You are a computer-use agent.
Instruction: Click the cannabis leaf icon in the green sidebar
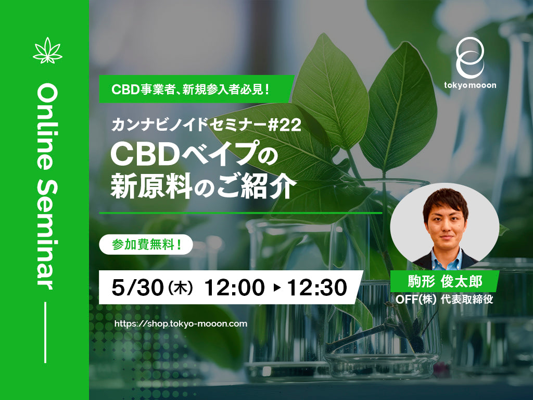(x=47, y=50)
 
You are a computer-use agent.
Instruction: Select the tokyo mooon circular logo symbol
(x=469, y=57)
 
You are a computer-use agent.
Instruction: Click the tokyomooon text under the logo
(x=469, y=85)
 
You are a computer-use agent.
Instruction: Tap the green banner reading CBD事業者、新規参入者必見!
(x=197, y=89)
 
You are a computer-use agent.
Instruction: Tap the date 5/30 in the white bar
(x=136, y=287)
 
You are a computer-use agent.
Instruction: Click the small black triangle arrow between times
(x=276, y=287)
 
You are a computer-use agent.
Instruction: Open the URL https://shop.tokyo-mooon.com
(x=181, y=323)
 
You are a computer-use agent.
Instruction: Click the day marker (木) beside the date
(x=180, y=287)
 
